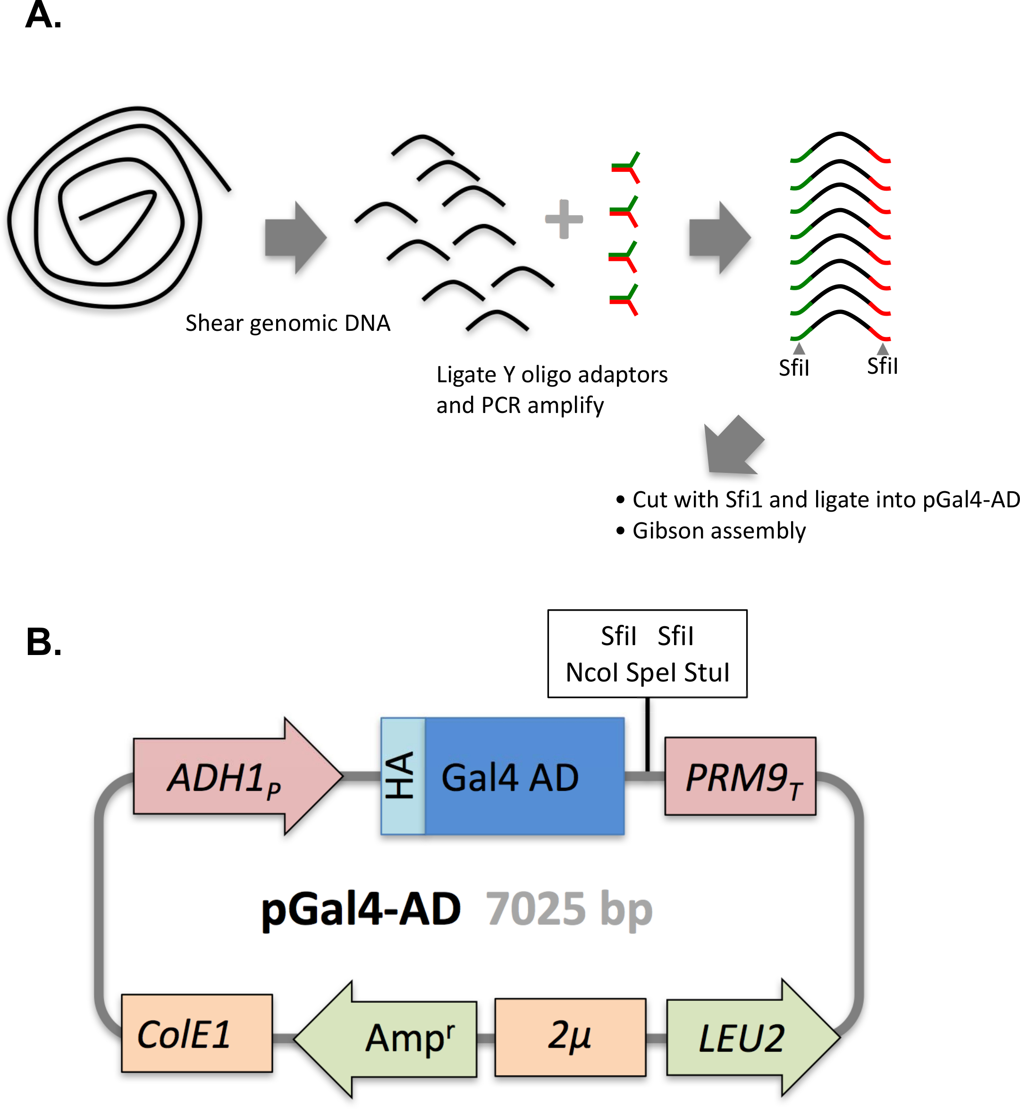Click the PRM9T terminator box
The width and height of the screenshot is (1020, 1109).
pyautogui.click(x=740, y=776)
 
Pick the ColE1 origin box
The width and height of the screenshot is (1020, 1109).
pyautogui.click(x=196, y=1033)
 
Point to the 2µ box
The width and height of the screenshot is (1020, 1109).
pyautogui.click(x=570, y=1036)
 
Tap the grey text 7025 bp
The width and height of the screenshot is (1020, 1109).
pyautogui.click(x=568, y=909)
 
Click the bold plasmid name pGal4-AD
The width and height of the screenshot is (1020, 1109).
pyautogui.click(x=361, y=909)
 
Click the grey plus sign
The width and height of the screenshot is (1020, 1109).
pyautogui.click(x=564, y=219)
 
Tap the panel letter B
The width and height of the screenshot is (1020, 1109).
pyautogui.click(x=43, y=642)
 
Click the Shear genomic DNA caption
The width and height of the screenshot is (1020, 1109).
pyautogui.click(x=287, y=323)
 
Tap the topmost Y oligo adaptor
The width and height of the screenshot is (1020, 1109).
pyautogui.click(x=626, y=167)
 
